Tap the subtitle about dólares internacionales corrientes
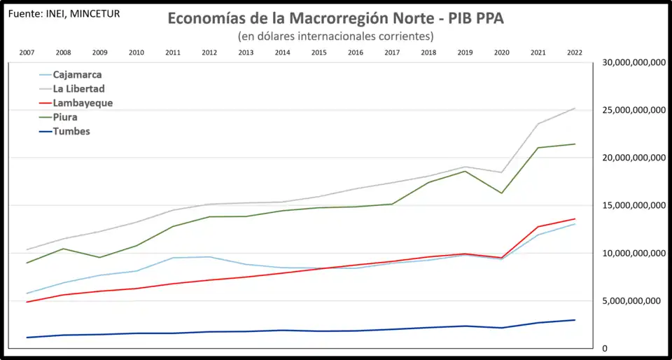click(335, 36)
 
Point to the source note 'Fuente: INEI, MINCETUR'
click(63, 13)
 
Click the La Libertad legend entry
click(78, 89)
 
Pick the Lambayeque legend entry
click(83, 103)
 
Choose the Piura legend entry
click(65, 117)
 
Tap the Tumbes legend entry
click(71, 131)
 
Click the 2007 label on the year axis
click(27, 53)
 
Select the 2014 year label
click(282, 53)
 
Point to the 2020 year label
click(501, 53)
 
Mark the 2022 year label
click(574, 53)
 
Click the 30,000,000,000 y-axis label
click(632, 62)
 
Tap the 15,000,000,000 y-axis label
click(632, 205)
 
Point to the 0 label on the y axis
click(605, 349)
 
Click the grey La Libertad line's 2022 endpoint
click(575, 108)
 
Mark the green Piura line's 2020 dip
click(501, 193)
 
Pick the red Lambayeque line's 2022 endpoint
click(575, 219)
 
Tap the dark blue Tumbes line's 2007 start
click(27, 338)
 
